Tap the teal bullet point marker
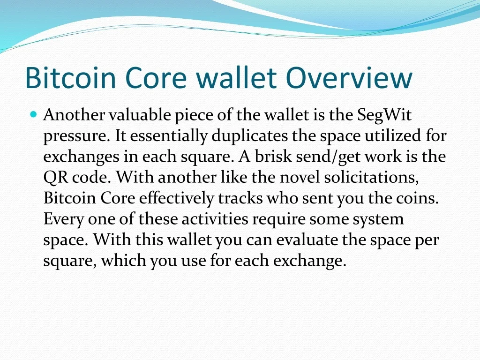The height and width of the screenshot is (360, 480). [x=34, y=114]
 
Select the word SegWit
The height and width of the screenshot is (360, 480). [x=384, y=116]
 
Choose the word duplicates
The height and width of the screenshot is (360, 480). [x=250, y=136]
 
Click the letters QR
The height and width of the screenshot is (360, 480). [x=56, y=178]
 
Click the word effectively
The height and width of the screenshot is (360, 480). [x=176, y=199]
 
